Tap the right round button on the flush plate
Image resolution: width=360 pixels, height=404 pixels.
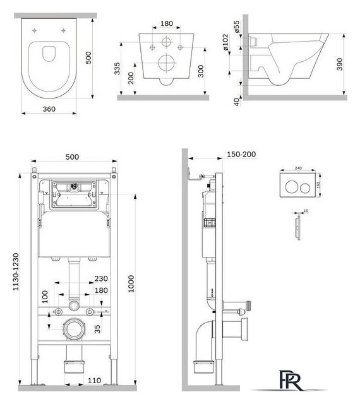pyautogui.click(x=305, y=187)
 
